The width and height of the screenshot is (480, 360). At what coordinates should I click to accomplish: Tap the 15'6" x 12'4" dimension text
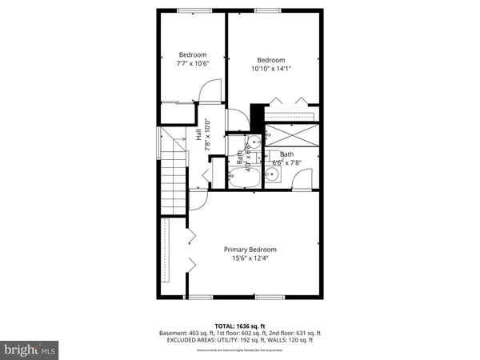250,258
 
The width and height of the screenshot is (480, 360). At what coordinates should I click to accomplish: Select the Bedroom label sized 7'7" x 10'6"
192,55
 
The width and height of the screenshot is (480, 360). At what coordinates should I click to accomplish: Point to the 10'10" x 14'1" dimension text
271,69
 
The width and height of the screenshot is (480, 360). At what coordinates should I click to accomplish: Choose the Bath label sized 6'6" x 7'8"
286,154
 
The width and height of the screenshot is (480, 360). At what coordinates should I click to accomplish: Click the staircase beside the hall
172,184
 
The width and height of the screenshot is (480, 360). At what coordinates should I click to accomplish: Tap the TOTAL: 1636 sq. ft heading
240,326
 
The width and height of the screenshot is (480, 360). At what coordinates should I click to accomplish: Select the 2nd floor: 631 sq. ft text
294,333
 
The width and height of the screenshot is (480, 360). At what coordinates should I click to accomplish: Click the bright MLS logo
30,350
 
